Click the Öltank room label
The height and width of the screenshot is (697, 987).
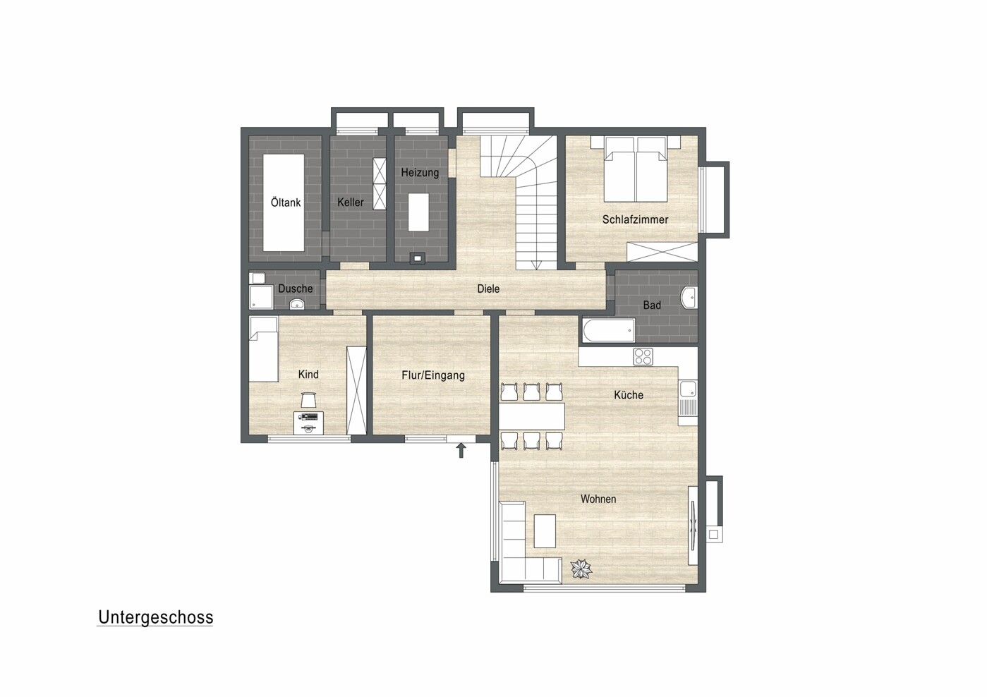coord(286,202)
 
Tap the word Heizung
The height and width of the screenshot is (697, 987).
coord(420,173)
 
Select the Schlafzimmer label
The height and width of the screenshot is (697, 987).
coord(635,219)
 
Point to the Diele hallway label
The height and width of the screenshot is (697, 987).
coord(488,289)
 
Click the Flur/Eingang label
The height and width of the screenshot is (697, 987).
coord(433,375)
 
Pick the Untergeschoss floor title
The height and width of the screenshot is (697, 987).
coord(155,618)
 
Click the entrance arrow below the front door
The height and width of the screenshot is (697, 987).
coord(461,451)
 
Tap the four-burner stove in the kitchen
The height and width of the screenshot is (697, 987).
coord(643,357)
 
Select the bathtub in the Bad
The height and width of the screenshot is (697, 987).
coord(609,330)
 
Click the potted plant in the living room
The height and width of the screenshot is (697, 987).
coord(581,569)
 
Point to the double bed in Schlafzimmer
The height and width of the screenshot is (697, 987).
coord(636,169)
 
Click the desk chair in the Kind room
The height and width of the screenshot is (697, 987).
coord(309,400)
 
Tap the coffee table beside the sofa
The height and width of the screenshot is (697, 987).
coord(545,531)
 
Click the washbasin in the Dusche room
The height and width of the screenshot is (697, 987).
coord(297,303)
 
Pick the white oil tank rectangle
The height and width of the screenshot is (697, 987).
coord(284,202)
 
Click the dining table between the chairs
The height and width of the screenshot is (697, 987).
coord(532,416)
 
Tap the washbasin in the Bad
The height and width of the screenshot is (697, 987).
coord(689,298)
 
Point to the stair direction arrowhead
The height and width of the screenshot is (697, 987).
coord(536,265)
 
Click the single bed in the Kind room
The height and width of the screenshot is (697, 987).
coord(263,349)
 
